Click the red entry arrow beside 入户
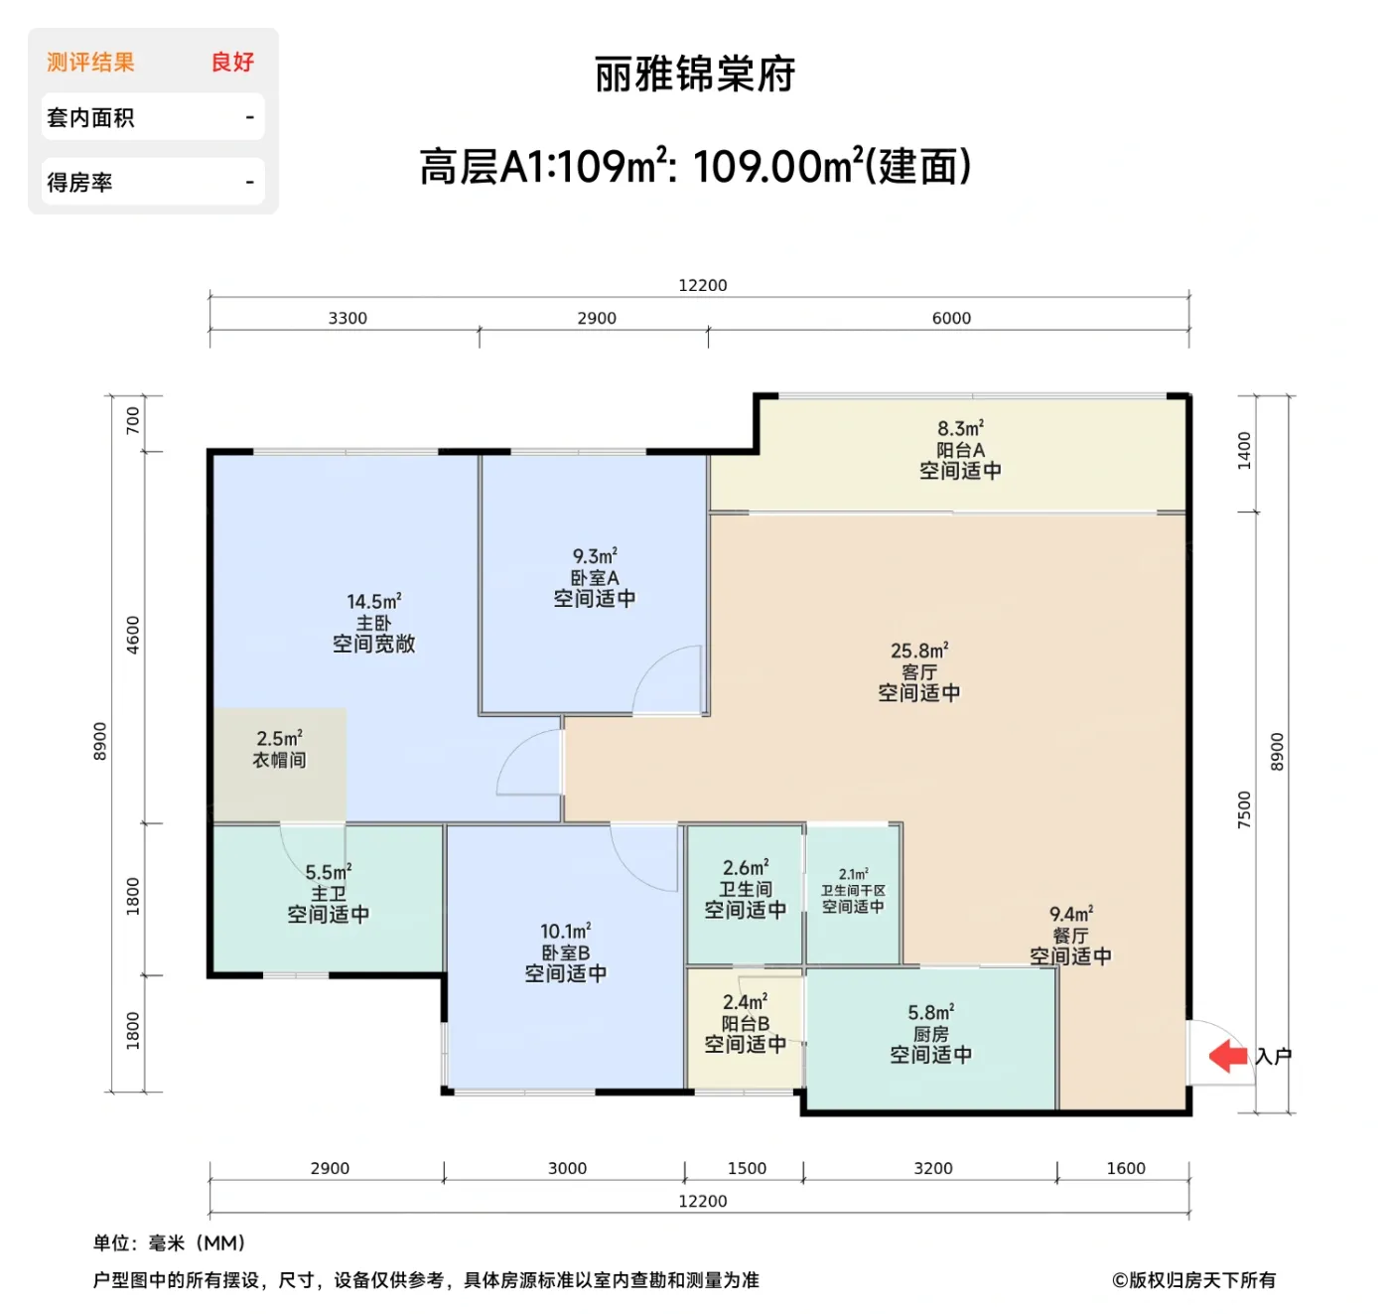[x=1228, y=1056]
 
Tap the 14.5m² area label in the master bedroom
[x=373, y=601]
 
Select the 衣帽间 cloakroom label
[x=279, y=760]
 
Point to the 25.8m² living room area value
[x=918, y=651]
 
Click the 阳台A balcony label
[x=960, y=450]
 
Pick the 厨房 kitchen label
[x=930, y=1034]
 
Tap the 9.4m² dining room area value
[x=1070, y=914]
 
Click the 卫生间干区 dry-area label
[x=853, y=891]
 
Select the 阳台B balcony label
[x=745, y=1023]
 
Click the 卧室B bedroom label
[x=565, y=952]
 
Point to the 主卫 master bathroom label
[x=328, y=893]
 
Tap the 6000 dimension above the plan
[x=951, y=318]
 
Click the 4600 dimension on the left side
[x=133, y=635]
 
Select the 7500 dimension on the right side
[x=1244, y=809]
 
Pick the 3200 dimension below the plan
[x=932, y=1168]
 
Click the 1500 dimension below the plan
[x=747, y=1168]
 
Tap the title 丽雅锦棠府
[x=695, y=74]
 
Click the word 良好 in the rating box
[x=232, y=62]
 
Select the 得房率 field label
[x=79, y=183]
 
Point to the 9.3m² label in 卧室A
[x=594, y=556]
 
